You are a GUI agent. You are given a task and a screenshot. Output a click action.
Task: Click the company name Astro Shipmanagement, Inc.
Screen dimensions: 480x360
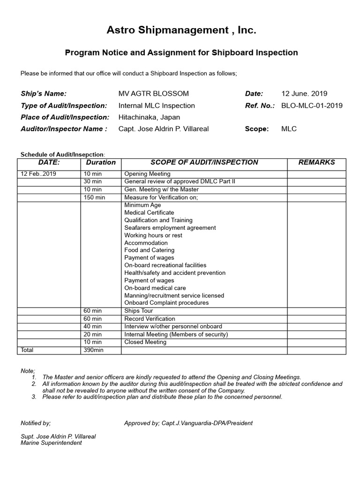[x=181, y=31]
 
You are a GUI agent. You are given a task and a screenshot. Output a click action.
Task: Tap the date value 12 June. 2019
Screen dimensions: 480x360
[x=304, y=94]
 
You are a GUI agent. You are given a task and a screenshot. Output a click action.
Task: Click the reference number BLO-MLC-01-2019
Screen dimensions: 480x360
[x=312, y=105]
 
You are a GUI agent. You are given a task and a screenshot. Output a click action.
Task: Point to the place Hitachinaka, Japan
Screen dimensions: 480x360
[x=149, y=117]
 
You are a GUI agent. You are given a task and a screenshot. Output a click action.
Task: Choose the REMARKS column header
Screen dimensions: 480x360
[x=316, y=163]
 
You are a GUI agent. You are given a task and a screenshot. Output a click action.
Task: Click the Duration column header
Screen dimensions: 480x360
[x=101, y=163]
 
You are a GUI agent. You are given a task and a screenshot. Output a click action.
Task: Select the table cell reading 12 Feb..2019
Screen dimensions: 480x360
[x=38, y=174]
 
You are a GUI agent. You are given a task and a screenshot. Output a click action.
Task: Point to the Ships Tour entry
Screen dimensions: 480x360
[x=139, y=311]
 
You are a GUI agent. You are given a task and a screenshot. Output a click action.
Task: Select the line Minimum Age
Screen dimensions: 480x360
[x=142, y=205]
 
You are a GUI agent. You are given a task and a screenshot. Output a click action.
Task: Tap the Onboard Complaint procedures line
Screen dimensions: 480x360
[x=166, y=303]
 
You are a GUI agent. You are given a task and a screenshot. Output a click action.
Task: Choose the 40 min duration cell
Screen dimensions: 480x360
[x=93, y=326]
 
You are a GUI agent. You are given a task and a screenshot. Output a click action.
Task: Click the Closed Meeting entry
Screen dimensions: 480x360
[x=145, y=342]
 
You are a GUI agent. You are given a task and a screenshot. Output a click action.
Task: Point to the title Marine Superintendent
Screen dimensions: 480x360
[x=51, y=443]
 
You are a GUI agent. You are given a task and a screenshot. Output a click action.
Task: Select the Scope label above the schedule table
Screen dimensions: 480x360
[x=257, y=129]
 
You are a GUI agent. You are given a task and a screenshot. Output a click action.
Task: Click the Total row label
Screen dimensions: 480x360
[x=27, y=350]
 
